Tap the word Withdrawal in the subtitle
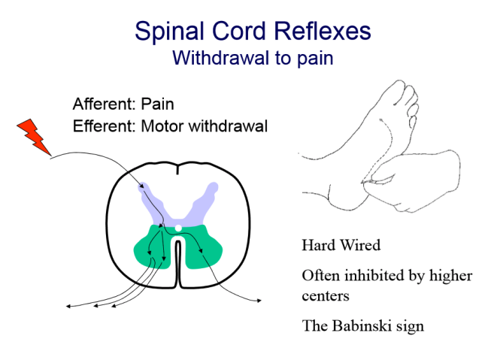coord(219,58)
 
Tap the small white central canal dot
coord(177,228)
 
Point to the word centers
coord(325,295)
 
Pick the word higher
coord(447,276)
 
